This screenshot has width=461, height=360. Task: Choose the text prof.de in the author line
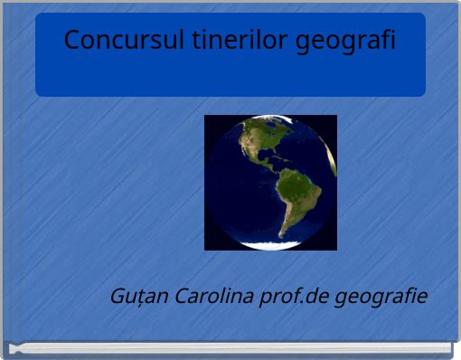tap(293, 297)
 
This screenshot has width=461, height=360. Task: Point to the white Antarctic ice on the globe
tap(271, 244)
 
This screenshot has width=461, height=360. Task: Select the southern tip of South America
tap(283, 233)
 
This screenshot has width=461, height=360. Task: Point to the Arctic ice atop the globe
tap(267, 118)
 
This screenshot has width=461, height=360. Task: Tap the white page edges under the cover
tap(230, 348)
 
